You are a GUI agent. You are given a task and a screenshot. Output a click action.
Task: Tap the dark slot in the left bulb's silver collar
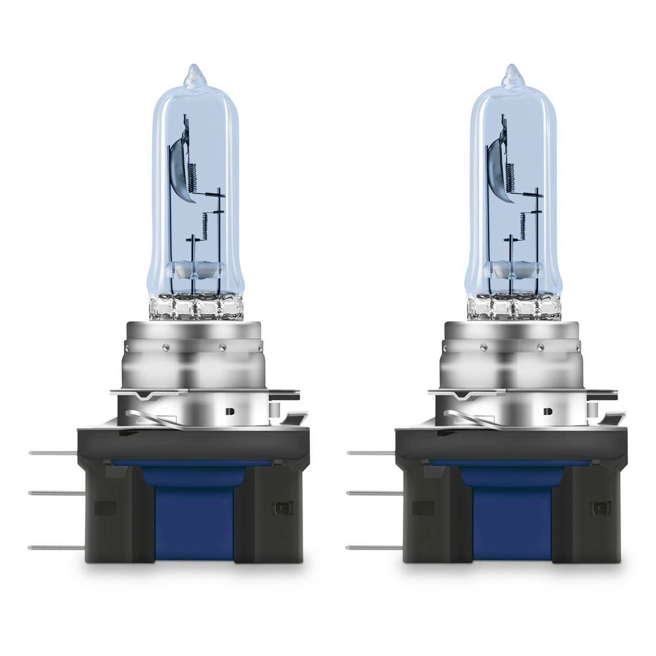[230, 411]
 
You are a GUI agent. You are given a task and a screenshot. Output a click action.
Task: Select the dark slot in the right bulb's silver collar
[548, 411]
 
